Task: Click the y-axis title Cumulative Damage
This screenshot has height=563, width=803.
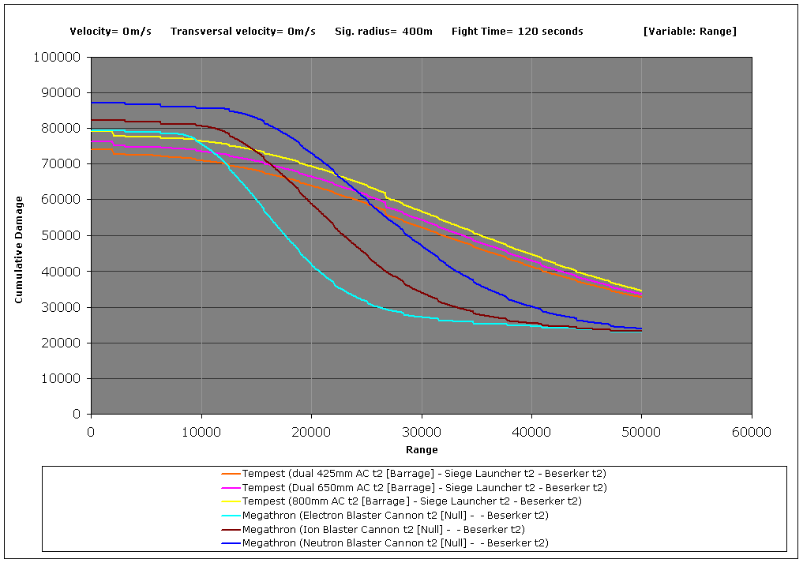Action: point(19,250)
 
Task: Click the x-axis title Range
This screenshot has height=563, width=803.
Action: point(422,450)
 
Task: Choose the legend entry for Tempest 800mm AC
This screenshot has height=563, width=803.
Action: point(411,501)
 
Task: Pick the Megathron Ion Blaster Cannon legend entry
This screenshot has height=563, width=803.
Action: point(383,529)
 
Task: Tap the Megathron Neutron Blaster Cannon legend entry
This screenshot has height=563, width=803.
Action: point(395,543)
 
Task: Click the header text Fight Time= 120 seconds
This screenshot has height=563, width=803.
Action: point(517,32)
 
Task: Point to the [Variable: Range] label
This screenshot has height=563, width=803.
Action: point(689,32)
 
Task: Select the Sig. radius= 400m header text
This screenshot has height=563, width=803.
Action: point(384,32)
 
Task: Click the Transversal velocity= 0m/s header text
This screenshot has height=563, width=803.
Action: point(243,32)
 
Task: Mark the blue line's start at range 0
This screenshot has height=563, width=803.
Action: point(92,103)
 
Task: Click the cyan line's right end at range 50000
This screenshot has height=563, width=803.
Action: point(640,332)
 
